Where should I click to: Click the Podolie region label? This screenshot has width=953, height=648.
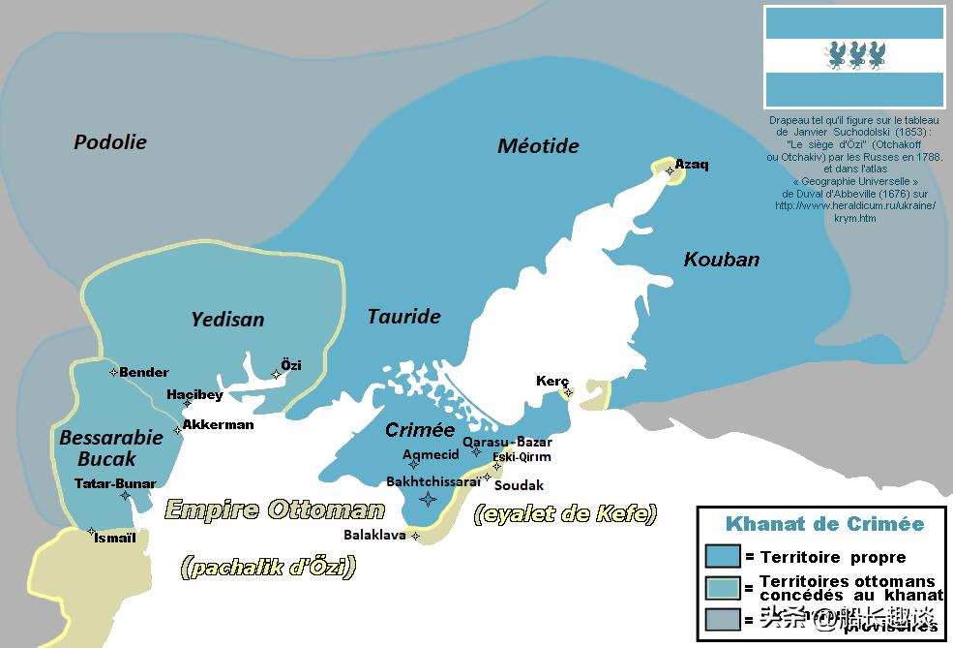point(110,142)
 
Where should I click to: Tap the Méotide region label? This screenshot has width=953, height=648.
point(538,146)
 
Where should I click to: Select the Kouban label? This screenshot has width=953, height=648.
point(721,260)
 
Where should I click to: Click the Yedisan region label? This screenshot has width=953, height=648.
point(227,319)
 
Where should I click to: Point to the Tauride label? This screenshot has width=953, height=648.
point(403,317)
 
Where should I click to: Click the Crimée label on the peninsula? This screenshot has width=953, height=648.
point(420,430)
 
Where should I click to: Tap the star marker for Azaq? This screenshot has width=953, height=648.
point(670,170)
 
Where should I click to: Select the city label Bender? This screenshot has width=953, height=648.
point(144,372)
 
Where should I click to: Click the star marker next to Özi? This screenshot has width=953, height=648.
point(276,374)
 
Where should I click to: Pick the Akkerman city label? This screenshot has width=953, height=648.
point(218,424)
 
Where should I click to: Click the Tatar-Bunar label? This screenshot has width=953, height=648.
point(114,482)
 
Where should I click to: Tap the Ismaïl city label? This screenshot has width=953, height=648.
point(115,538)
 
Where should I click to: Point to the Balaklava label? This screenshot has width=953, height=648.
point(375,534)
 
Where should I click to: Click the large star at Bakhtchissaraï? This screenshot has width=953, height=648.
point(427,499)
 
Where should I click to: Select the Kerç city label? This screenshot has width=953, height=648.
point(552,381)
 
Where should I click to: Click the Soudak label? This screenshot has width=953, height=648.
point(519,484)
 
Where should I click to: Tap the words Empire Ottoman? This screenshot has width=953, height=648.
point(275,509)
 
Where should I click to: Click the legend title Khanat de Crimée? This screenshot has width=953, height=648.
point(824,524)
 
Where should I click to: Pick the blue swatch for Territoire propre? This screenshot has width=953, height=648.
point(723,556)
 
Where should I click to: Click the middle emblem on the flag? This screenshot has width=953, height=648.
point(854,55)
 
